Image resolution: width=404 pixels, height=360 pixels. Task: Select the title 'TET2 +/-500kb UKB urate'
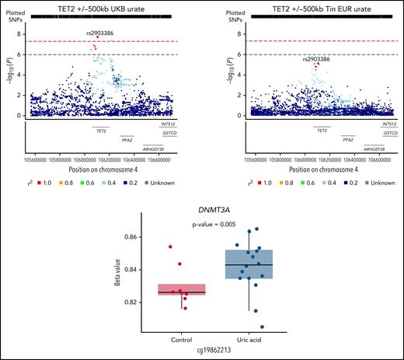point(104,7)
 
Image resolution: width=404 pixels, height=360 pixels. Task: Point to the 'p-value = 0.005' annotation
point(214,225)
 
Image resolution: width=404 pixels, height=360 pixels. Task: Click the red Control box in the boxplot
point(181,289)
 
